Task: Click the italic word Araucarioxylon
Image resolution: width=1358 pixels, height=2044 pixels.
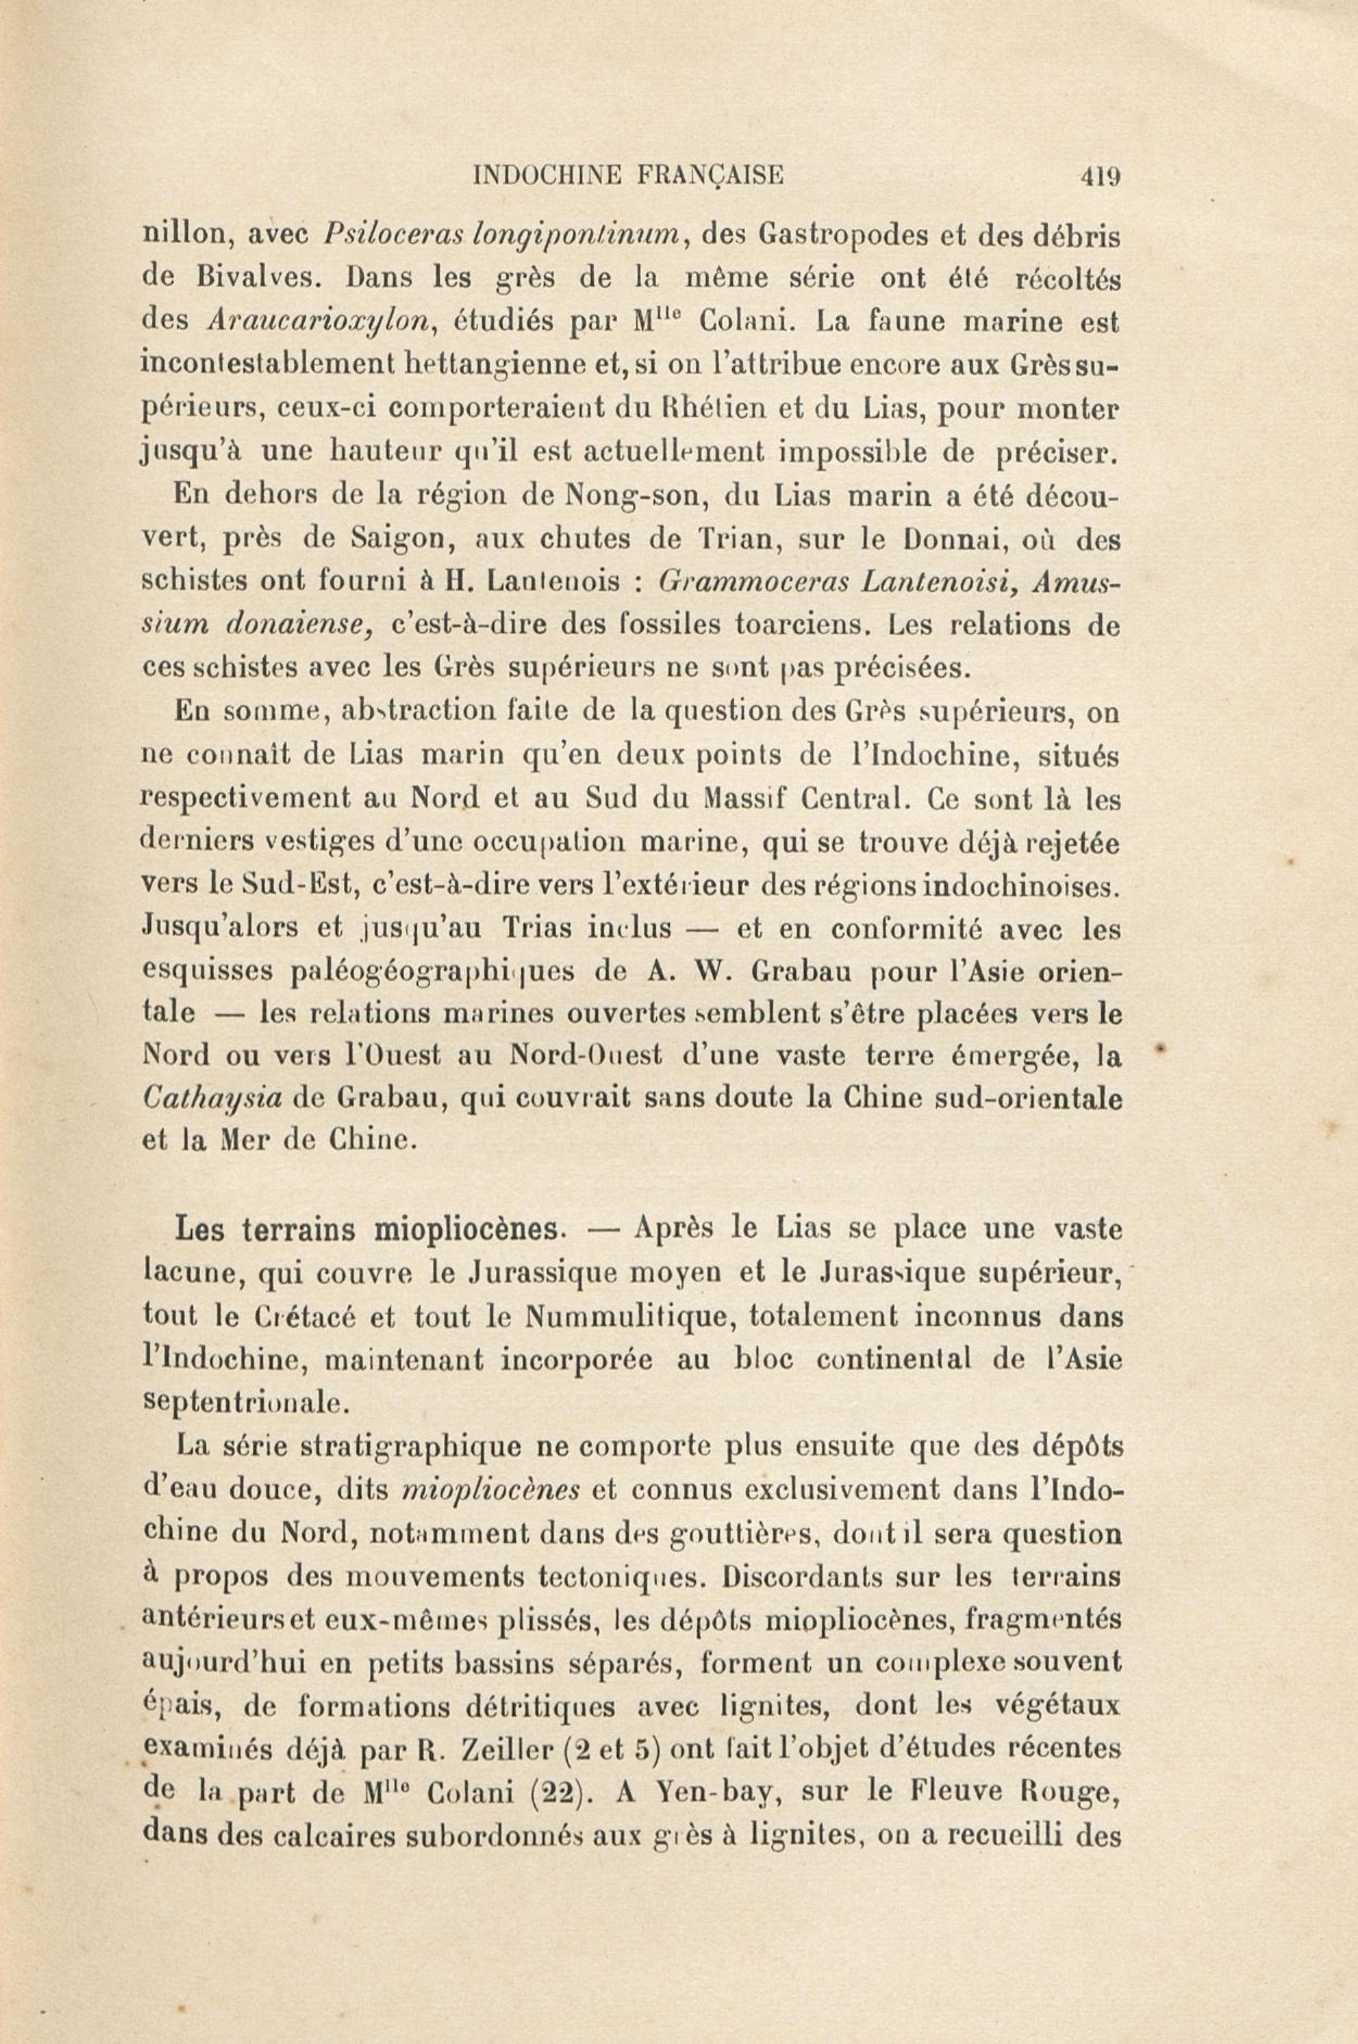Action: (319, 320)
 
